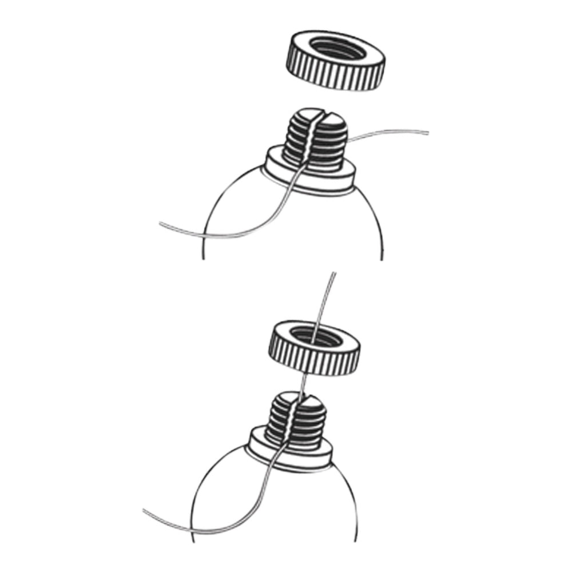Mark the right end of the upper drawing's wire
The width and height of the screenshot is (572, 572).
[428, 133]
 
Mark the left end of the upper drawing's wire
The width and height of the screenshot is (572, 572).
[161, 224]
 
